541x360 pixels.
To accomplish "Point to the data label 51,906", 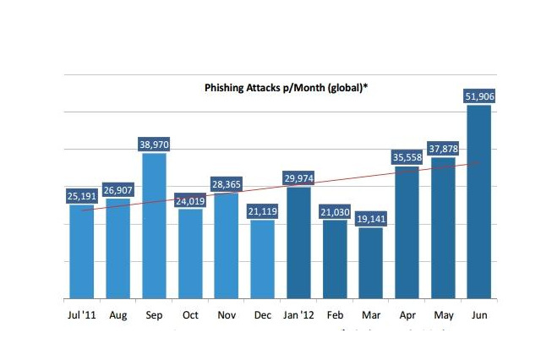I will [x=480, y=96].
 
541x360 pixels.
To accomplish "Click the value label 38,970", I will [x=154, y=145].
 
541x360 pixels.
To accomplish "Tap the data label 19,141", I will [x=371, y=219].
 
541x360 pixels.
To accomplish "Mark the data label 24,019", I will [x=190, y=200].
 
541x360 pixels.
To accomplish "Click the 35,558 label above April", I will [x=407, y=157].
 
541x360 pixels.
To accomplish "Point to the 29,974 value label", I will [x=299, y=178].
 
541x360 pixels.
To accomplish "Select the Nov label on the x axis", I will [x=227, y=315].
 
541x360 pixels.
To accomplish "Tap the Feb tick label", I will [x=335, y=315].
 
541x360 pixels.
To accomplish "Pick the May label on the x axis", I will [x=444, y=315].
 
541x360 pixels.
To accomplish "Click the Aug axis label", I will [x=118, y=315].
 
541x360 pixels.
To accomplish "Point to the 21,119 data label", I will [x=263, y=211].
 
